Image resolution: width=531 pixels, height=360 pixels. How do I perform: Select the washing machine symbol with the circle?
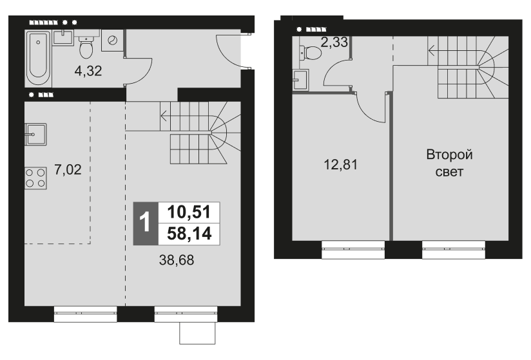(x=113, y=41)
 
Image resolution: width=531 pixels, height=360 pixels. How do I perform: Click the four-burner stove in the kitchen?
(x=35, y=177)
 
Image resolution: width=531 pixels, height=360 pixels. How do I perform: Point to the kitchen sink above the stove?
(x=35, y=136)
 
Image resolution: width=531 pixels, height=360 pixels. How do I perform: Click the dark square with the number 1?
(x=145, y=223)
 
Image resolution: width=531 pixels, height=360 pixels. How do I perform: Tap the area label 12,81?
(x=340, y=165)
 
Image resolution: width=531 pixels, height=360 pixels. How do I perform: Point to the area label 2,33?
(x=334, y=43)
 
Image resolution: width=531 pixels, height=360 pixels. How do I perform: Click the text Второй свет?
(x=449, y=164)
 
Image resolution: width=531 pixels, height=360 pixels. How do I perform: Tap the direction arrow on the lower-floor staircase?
(x=166, y=117)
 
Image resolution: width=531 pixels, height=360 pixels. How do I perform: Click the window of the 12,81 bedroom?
(x=352, y=249)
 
